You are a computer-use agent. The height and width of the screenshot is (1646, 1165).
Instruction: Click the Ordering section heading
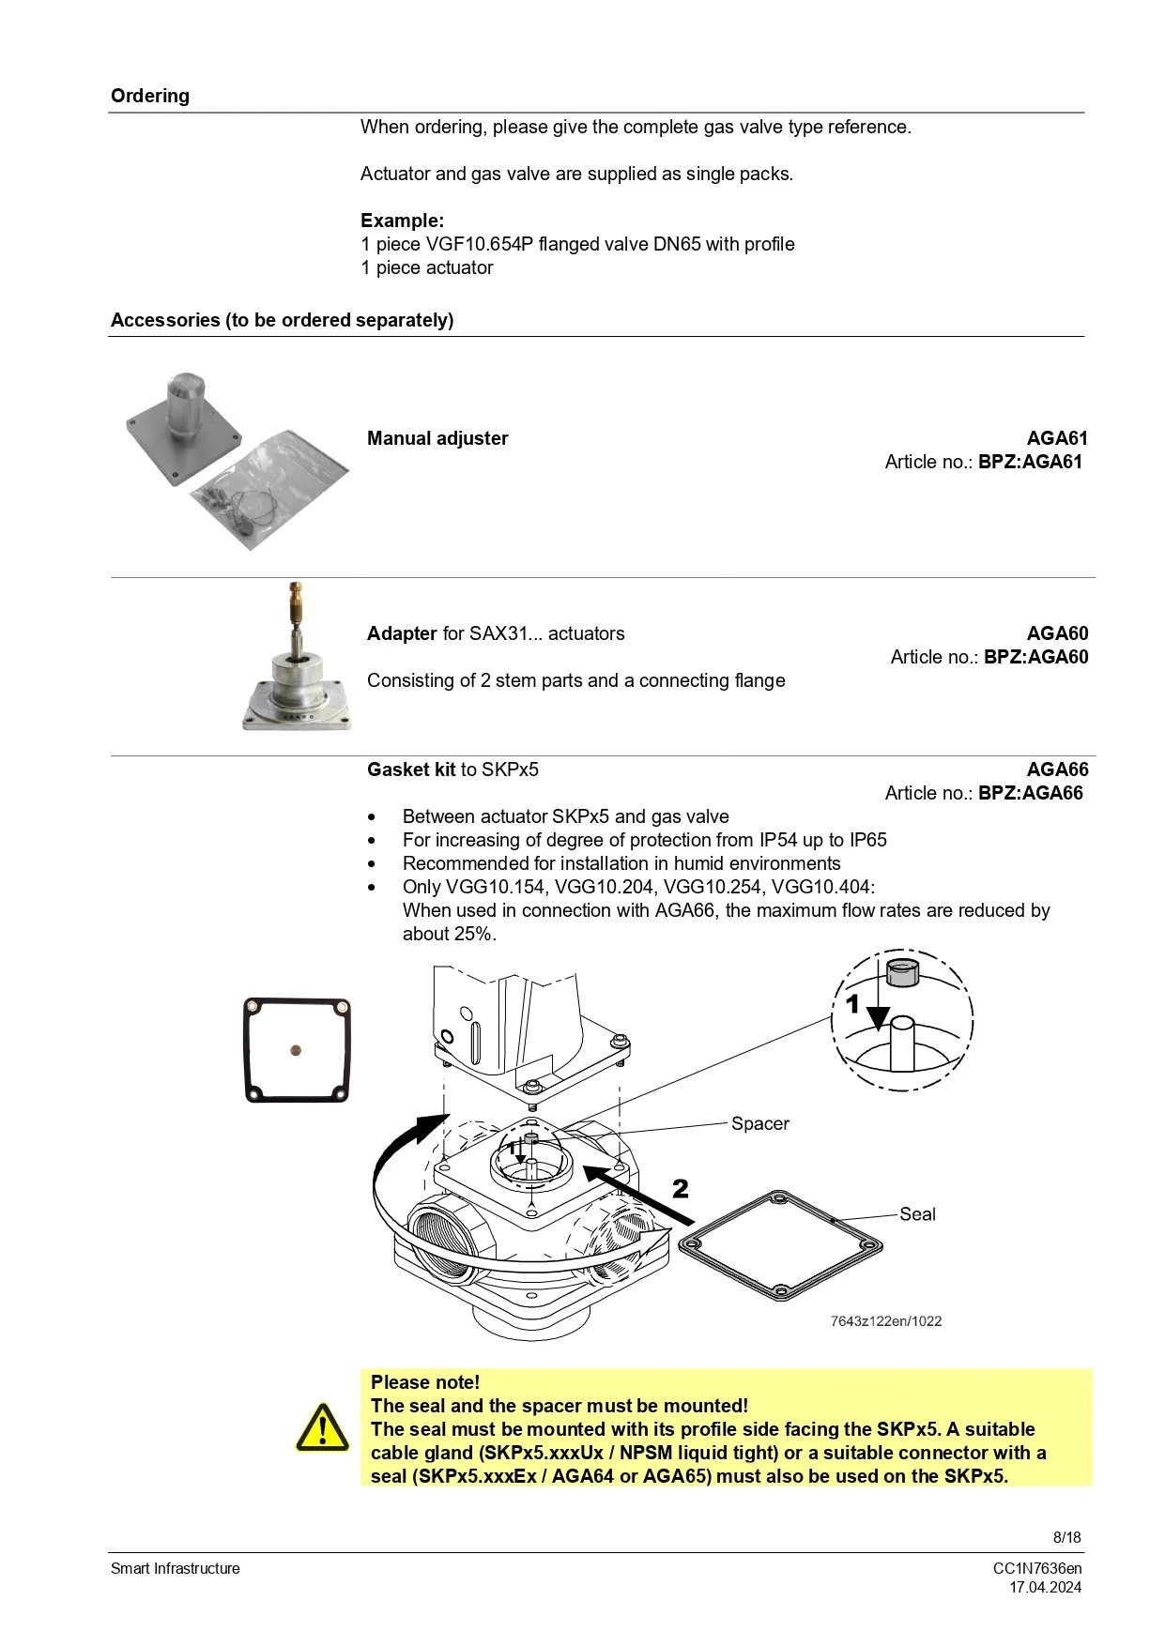[x=150, y=96]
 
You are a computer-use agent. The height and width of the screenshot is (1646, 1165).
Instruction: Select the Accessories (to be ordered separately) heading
[x=282, y=320]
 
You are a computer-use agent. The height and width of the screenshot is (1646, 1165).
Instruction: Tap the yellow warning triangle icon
[x=322, y=1428]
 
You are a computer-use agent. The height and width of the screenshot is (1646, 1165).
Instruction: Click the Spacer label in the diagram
[x=759, y=1123]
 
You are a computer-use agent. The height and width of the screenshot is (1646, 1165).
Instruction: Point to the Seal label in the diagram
[x=916, y=1214]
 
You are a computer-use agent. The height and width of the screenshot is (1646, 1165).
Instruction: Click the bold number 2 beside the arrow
[x=681, y=1189]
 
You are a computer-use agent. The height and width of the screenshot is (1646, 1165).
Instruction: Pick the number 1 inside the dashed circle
[x=852, y=1005]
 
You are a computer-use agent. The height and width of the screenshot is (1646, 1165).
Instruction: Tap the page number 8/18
[x=1066, y=1537]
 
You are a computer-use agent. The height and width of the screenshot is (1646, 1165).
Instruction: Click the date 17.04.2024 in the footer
[x=1045, y=1587]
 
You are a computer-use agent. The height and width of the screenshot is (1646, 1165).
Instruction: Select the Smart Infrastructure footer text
[x=176, y=1568]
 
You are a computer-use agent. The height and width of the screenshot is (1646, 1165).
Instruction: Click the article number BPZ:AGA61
[x=1030, y=462]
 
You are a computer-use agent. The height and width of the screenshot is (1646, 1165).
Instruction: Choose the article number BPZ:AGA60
[x=1035, y=657]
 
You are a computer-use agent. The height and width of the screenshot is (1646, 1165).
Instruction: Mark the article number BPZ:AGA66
[x=1030, y=793]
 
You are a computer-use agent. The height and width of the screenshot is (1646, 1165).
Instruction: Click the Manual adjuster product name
[x=437, y=438]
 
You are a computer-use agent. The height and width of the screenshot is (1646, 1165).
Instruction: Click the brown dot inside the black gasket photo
[x=296, y=1051]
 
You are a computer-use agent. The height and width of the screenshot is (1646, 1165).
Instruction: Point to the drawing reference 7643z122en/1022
[x=885, y=1321]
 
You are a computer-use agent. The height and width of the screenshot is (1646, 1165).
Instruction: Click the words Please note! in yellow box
[x=425, y=1382]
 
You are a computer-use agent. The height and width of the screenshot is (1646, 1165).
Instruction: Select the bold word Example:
[x=402, y=221]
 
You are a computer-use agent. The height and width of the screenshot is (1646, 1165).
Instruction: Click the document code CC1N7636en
[x=1037, y=1568]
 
